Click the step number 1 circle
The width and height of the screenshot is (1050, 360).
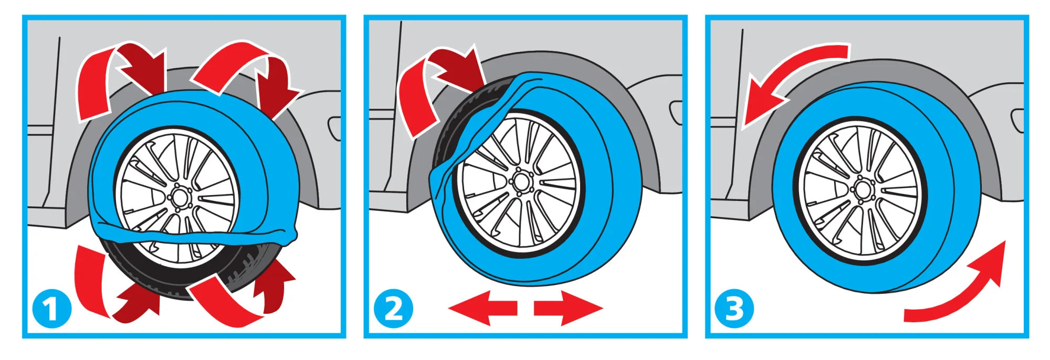51,309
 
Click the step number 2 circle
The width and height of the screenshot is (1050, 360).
393,309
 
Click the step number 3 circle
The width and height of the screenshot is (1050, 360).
734,309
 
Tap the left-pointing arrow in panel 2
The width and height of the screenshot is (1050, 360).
483,308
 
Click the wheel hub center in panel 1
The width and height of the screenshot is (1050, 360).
178,198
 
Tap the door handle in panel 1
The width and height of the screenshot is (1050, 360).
334,128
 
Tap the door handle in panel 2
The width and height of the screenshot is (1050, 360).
676,113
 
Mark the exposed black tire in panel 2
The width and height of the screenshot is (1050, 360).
446,131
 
